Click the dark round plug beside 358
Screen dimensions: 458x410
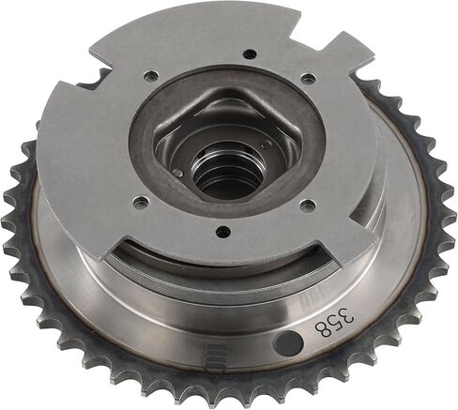(x=290, y=344)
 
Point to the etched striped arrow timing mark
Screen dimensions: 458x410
(x=214, y=363)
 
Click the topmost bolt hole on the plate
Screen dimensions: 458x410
(x=250, y=54)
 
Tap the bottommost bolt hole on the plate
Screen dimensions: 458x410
(x=223, y=232)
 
